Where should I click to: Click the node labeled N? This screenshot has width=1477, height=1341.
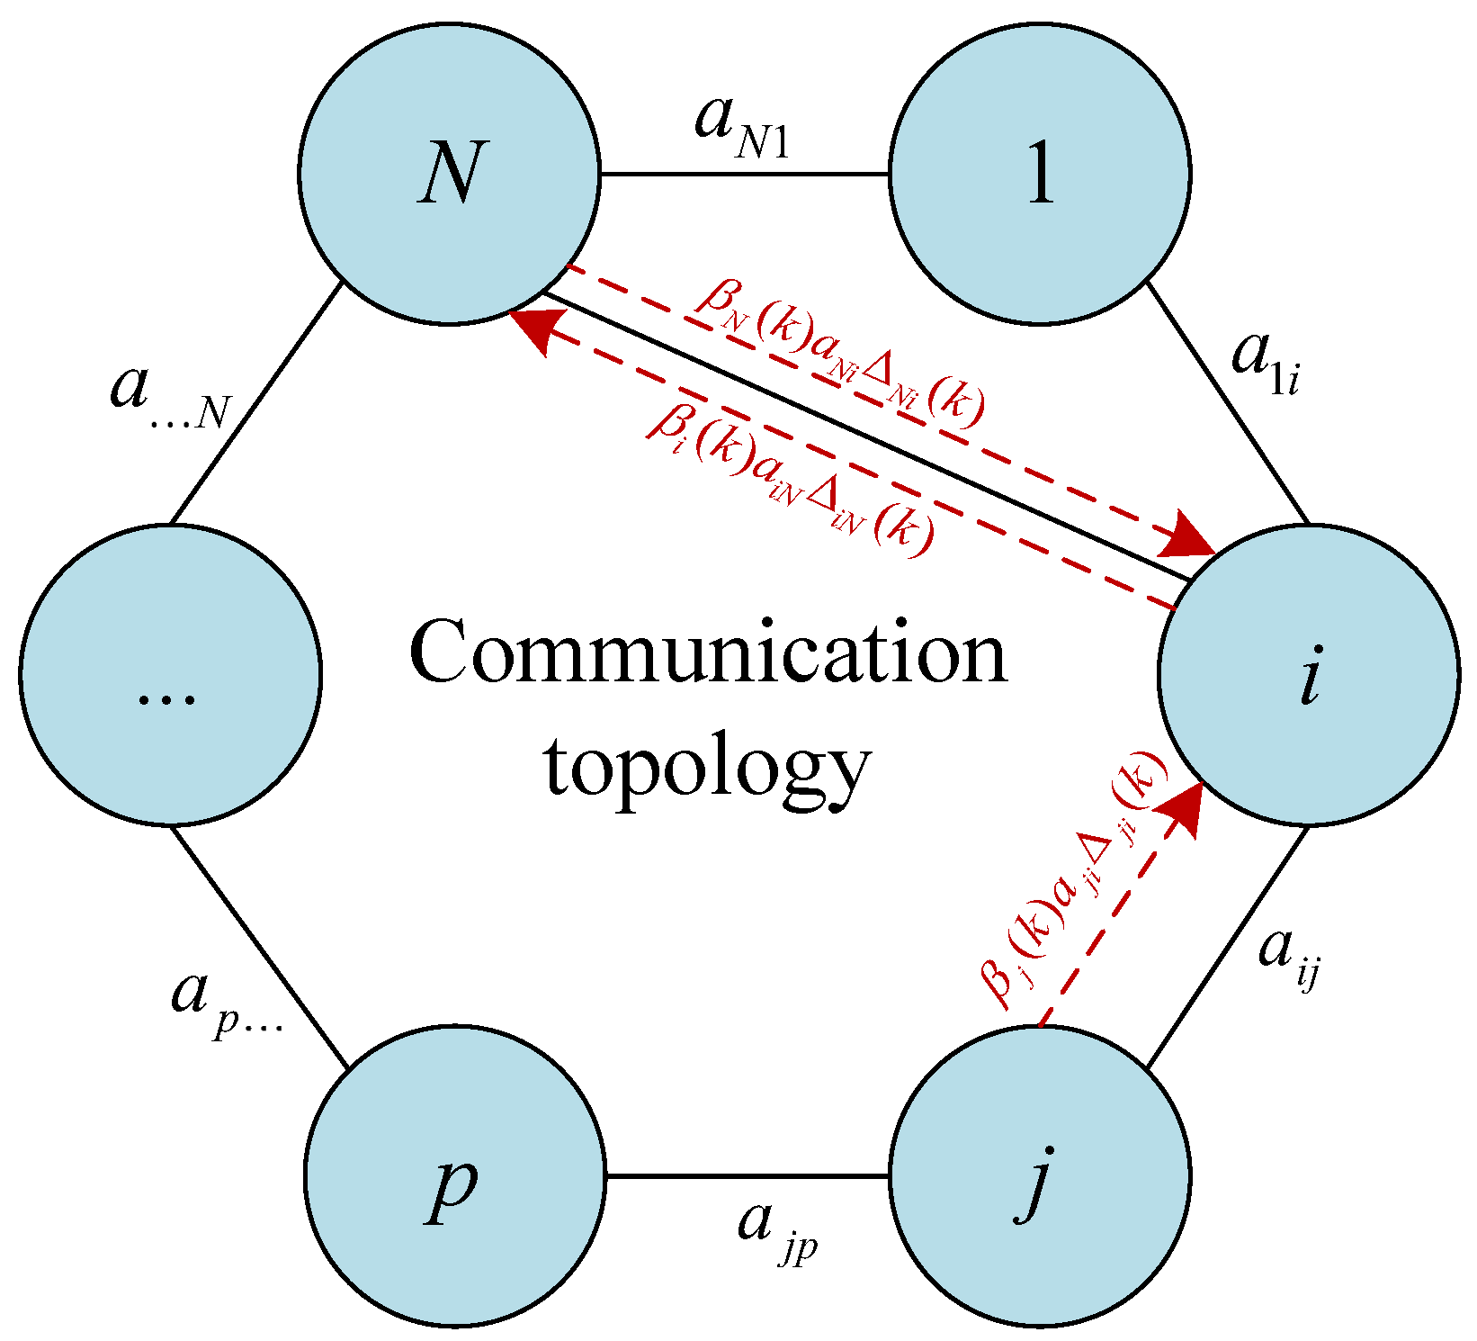(x=449, y=173)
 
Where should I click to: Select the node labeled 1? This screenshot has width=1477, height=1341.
(x=1040, y=173)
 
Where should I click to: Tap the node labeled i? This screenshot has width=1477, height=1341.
(x=1308, y=674)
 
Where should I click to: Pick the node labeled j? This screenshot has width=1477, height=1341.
(x=1040, y=1175)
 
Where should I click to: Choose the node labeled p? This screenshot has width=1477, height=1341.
(x=454, y=1175)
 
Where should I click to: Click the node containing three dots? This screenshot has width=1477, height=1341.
(x=170, y=674)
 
